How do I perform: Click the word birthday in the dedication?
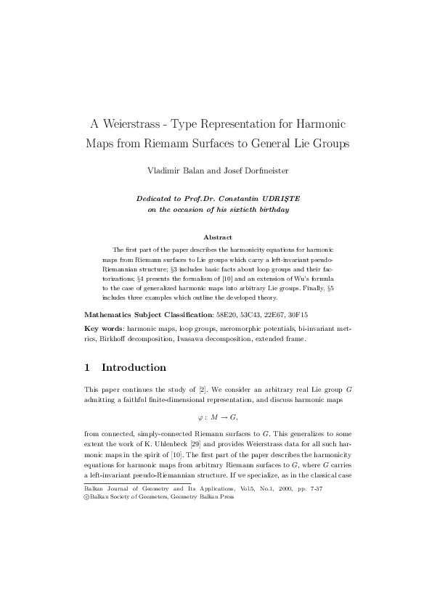[272, 209]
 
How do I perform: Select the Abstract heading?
[217, 237]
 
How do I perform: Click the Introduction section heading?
[134, 367]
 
